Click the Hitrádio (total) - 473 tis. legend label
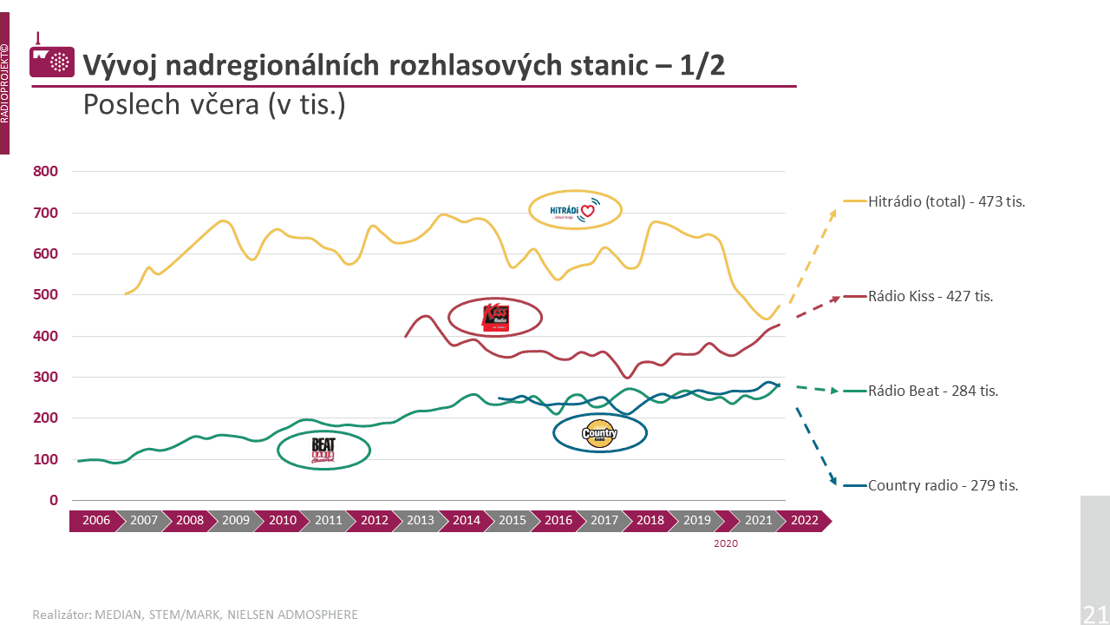(947, 201)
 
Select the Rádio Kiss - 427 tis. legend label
(930, 296)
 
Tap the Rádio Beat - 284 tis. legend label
(933, 391)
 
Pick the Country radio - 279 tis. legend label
(943, 485)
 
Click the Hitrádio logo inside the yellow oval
(575, 210)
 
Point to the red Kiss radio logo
(496, 318)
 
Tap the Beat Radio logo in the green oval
(323, 450)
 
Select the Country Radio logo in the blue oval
(599, 433)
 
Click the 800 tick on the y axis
(45, 172)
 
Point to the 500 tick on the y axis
(45, 295)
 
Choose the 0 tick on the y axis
(54, 501)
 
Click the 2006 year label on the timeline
(96, 521)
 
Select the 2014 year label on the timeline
(467, 521)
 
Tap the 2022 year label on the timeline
(805, 521)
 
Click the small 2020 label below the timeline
(726, 543)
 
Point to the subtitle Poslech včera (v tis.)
(214, 105)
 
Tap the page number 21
(1094, 615)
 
